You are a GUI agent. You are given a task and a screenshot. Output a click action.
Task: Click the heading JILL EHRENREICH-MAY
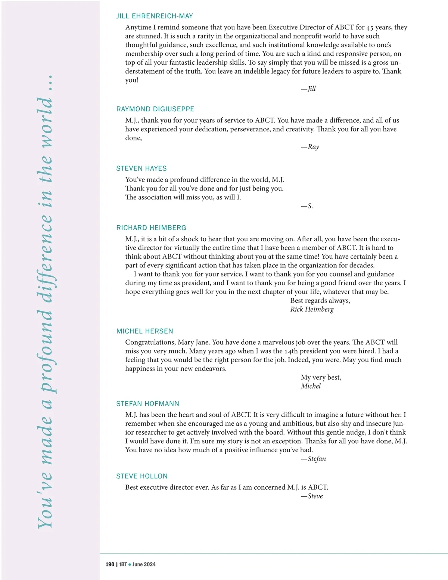155,16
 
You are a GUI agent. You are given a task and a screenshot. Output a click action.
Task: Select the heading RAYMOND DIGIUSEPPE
155,109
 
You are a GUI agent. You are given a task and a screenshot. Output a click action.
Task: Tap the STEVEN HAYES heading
141,168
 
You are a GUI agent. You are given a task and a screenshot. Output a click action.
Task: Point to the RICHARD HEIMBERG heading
151,228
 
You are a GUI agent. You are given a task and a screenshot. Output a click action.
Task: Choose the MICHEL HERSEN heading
145,331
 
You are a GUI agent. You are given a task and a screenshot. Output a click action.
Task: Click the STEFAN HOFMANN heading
148,404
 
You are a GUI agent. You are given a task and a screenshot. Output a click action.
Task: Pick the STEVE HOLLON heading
142,476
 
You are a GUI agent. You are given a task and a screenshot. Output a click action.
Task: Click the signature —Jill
308,89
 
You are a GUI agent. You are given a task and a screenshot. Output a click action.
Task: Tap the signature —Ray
310,147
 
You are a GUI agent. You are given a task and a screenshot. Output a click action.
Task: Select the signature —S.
307,206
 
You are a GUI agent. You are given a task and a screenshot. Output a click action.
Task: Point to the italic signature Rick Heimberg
312,309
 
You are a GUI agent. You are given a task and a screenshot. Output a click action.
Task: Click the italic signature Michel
311,386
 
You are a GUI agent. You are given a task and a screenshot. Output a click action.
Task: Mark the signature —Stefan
314,459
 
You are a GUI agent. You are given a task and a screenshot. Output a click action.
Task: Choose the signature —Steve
312,496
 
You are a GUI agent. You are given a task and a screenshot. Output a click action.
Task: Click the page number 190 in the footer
110,564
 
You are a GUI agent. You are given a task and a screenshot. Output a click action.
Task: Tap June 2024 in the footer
144,564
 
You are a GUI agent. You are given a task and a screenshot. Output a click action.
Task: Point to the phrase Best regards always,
320,301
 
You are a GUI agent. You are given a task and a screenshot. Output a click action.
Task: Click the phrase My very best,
321,378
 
